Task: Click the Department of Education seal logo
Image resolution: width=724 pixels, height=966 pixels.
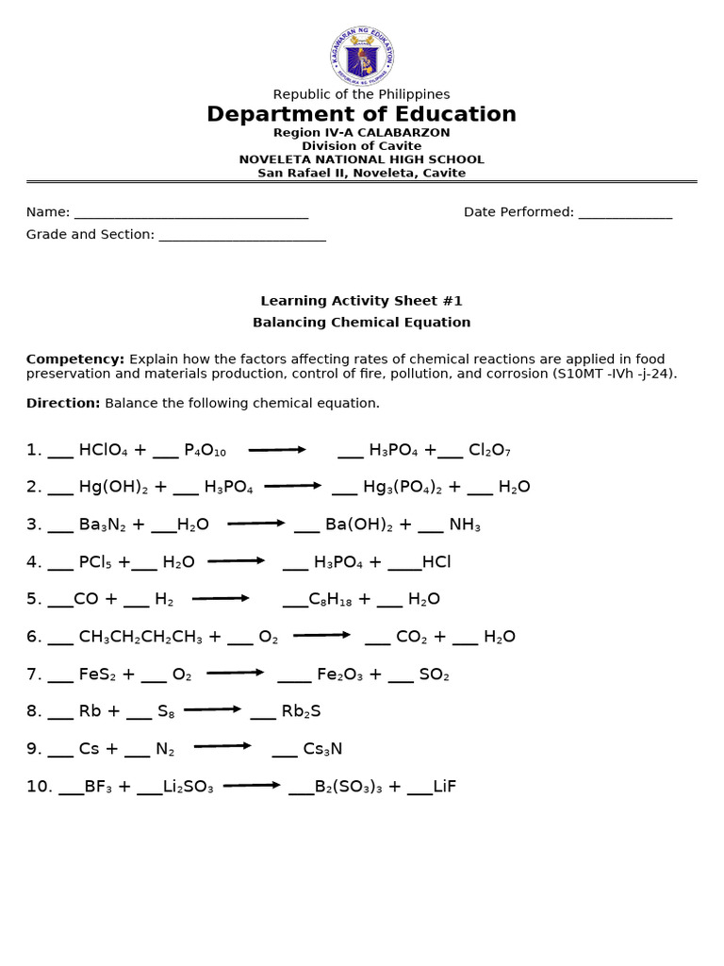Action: coord(362,57)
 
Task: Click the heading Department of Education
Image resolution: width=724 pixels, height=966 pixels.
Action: coord(362,115)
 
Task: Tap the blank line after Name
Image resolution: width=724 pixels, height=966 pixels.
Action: coord(191,214)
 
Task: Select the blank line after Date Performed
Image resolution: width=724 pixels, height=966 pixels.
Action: coord(625,214)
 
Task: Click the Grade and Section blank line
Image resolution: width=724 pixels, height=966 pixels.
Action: coord(242,236)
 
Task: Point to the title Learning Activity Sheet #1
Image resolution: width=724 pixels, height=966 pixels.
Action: coord(362,301)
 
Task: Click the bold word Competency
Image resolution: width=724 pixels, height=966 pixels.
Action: coord(74,359)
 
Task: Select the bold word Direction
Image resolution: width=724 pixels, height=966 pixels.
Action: coord(63,403)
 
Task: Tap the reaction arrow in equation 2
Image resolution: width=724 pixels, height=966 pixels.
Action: coord(293,486)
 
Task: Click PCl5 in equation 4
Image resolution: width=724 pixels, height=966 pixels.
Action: coord(95,562)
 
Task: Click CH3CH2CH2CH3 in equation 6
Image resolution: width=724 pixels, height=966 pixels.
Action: coord(140,637)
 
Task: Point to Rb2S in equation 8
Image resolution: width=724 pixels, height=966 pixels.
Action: coord(302,711)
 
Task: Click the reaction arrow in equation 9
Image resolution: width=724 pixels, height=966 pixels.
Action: coord(222,746)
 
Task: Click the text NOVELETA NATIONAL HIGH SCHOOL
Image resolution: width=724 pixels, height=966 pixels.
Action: coord(362,159)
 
